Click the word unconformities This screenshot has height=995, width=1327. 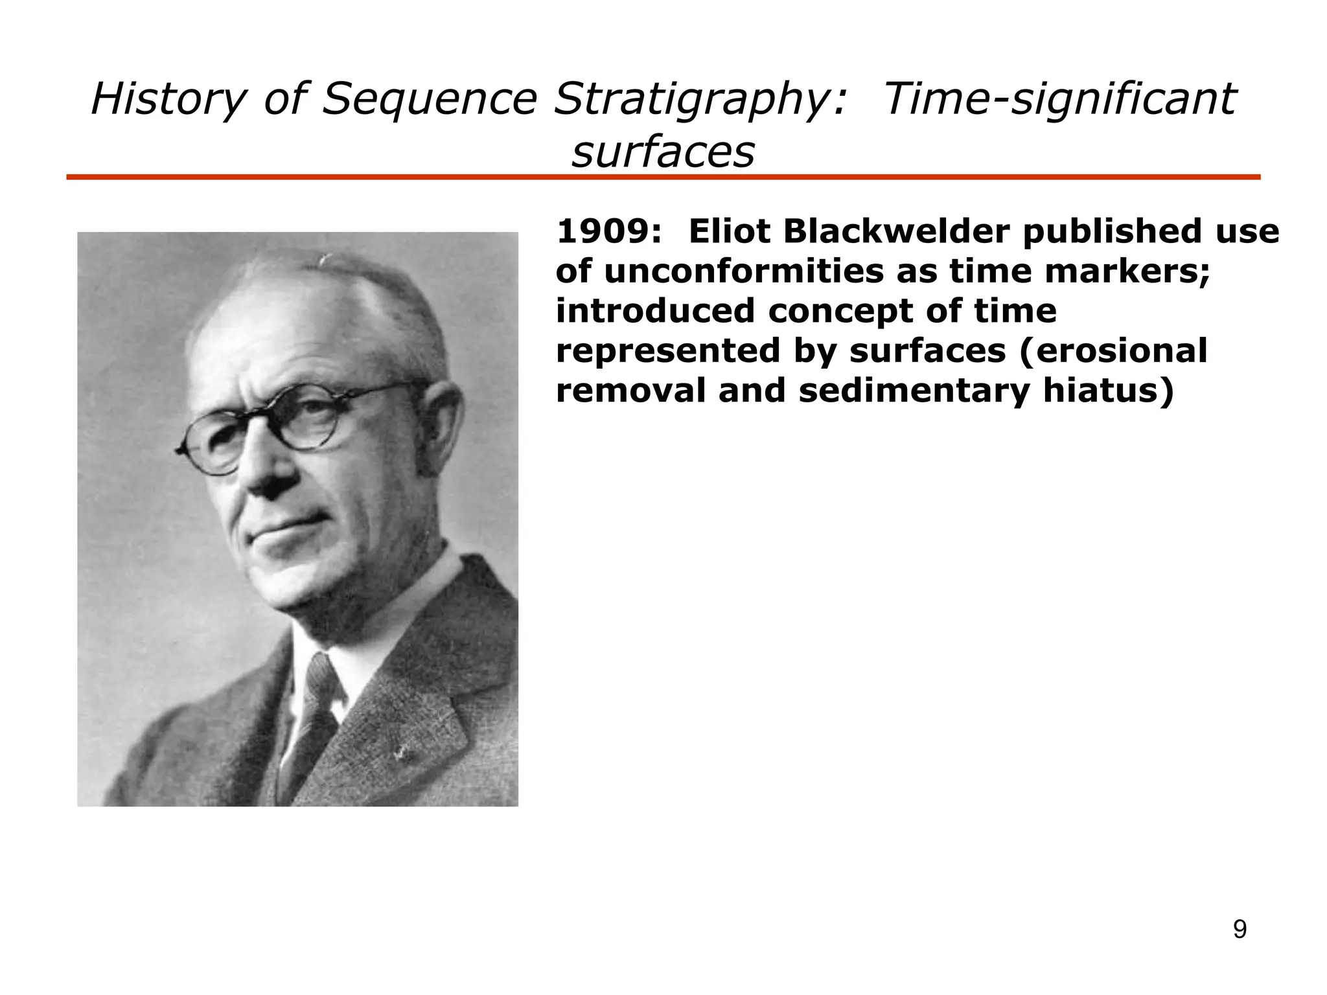coord(744,271)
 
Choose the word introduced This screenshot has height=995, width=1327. coord(655,311)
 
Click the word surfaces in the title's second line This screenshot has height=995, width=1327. coord(663,152)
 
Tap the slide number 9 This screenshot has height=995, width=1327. coord(1239,930)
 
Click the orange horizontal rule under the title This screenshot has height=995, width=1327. coord(663,177)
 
